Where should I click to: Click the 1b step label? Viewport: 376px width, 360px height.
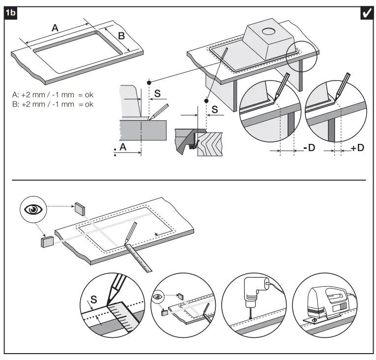click(10, 13)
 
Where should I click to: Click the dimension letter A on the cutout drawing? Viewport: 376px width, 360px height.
click(56, 28)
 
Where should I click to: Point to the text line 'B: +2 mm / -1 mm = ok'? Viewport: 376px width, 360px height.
click(53, 104)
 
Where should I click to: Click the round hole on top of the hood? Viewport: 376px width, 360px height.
click(268, 32)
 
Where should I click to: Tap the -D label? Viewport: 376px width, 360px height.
click(309, 148)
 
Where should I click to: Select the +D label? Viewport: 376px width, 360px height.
click(357, 148)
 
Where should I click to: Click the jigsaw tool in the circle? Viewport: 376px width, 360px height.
click(325, 303)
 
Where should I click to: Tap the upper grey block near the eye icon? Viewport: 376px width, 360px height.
click(80, 208)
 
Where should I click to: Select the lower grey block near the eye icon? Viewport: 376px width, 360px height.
click(48, 242)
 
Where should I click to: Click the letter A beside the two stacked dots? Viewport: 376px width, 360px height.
click(123, 147)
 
